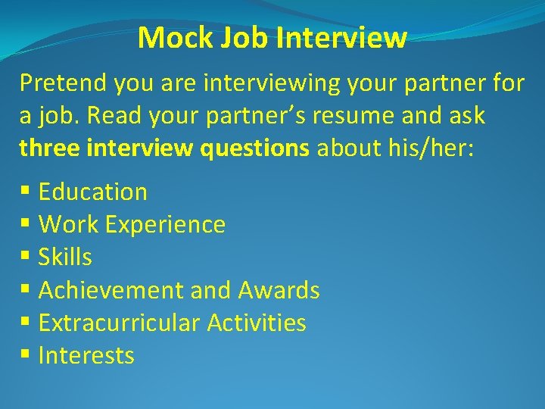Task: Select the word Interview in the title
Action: [x=341, y=37]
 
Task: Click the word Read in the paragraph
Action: [x=114, y=116]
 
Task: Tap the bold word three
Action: [x=50, y=148]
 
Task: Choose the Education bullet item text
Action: [x=92, y=192]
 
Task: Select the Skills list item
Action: [x=65, y=258]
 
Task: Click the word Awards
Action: [x=279, y=290]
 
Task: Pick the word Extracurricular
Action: [x=119, y=323]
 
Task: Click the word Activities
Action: [x=257, y=323]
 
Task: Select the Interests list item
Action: [x=86, y=356]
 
